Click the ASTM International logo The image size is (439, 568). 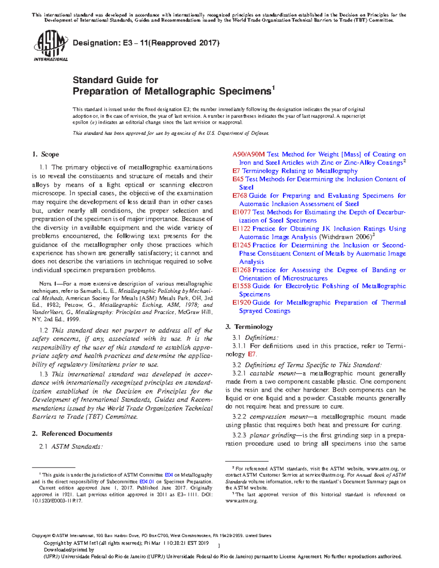pyautogui.click(x=50, y=46)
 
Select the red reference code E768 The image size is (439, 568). pyautogui.click(x=240, y=196)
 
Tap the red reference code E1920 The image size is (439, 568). pyautogui.click(x=241, y=302)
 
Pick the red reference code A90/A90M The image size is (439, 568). pyautogui.click(x=248, y=154)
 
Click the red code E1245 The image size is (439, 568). pyautogui.click(x=241, y=245)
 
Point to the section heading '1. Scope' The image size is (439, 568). pyautogui.click(x=45, y=154)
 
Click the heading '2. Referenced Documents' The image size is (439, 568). pyautogui.click(x=72, y=433)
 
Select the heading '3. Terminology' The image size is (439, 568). pyautogui.click(x=249, y=327)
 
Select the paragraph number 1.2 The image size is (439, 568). pyautogui.click(x=44, y=330)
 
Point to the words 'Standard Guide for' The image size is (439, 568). pyautogui.click(x=115, y=80)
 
